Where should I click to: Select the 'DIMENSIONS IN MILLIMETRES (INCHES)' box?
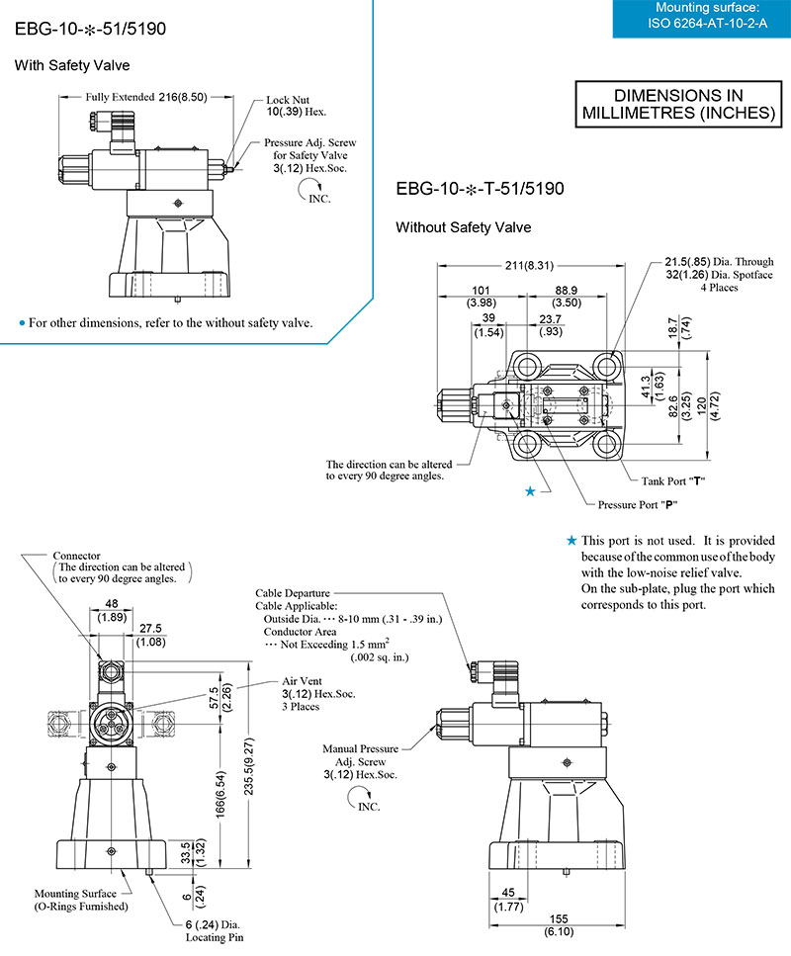click(x=677, y=104)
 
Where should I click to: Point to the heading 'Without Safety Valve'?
click(x=463, y=227)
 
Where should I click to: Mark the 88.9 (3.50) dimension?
click(x=567, y=296)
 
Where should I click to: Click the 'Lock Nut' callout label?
click(x=290, y=101)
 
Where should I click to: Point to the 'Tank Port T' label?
click(x=671, y=480)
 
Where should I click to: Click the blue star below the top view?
click(x=531, y=491)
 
